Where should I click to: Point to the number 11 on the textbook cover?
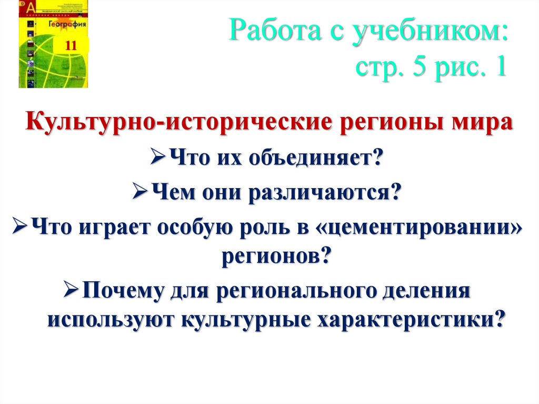pos(71,46)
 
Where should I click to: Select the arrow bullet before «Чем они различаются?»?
pos(138,193)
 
